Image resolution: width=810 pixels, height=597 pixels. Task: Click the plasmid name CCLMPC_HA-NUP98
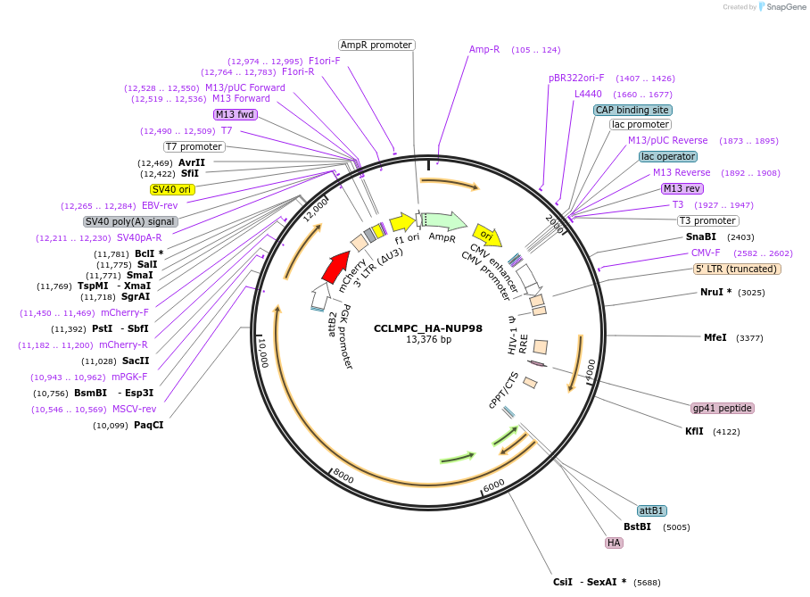coord(427,328)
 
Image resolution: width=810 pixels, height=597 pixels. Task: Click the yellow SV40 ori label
coord(172,189)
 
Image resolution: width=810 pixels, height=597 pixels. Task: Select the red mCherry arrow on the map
coord(335,266)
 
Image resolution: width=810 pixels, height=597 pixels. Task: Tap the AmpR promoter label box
coord(376,45)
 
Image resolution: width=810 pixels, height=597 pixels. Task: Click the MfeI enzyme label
coord(715,337)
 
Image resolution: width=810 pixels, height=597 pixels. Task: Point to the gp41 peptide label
coord(723,408)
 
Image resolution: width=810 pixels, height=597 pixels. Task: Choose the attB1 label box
coord(652,510)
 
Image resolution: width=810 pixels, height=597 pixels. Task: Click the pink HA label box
coord(614,543)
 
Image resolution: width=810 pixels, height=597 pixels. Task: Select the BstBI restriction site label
coord(637,527)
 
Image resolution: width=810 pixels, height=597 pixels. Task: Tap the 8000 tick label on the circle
coord(344,478)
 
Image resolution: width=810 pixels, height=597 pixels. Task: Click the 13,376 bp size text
coord(428,340)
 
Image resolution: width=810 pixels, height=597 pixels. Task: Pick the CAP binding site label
coord(632,110)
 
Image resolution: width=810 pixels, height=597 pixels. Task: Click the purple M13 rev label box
coord(682,188)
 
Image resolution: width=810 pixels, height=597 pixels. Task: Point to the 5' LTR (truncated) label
coord(737,269)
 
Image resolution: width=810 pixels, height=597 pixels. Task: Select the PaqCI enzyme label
coord(149,425)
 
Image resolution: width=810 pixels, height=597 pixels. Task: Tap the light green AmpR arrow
coord(444,220)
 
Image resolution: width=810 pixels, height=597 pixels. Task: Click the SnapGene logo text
coord(784,7)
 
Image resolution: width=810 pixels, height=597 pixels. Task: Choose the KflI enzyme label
coord(694,431)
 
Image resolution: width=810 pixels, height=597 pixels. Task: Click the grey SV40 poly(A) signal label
coord(130,221)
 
